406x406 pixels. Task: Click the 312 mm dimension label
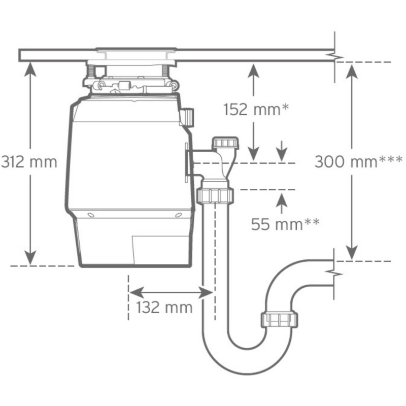point(28,162)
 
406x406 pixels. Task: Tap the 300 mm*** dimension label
point(358,162)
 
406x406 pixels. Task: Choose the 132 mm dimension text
point(165,307)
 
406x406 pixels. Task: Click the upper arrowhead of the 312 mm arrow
point(31,69)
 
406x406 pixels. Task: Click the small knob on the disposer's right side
point(188,117)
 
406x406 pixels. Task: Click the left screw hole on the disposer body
point(90,215)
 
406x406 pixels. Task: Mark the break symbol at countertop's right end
point(334,56)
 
